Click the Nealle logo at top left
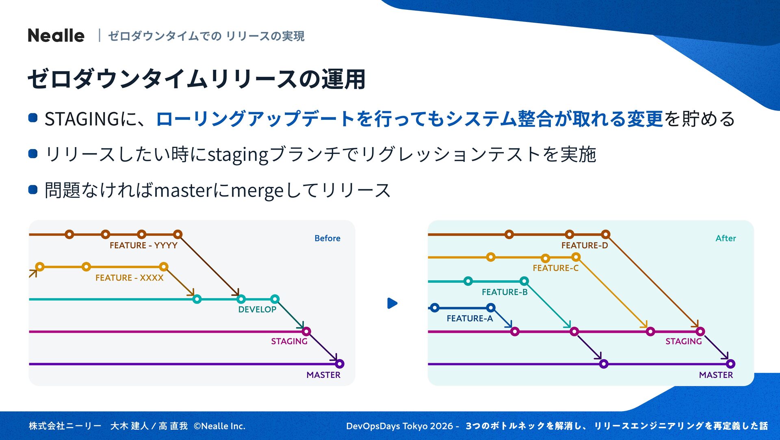coord(56,36)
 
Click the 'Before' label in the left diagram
coord(327,238)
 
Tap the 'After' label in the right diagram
coord(726,238)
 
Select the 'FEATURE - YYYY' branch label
coord(143,245)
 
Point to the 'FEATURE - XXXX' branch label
coord(129,278)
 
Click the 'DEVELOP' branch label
coord(257,310)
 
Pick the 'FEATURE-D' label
coord(585,245)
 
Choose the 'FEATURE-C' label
coord(555,268)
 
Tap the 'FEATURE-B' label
coord(505,292)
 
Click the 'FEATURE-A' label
coord(470,319)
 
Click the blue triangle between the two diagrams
coord(392,303)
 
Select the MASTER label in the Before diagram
coord(323,375)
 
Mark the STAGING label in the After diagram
coord(683,341)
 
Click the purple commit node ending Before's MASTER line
coord(340,364)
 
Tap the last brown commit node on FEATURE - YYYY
coord(178,234)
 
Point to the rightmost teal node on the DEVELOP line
coord(275,299)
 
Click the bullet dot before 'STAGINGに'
coord(33,118)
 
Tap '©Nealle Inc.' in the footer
coord(219,426)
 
